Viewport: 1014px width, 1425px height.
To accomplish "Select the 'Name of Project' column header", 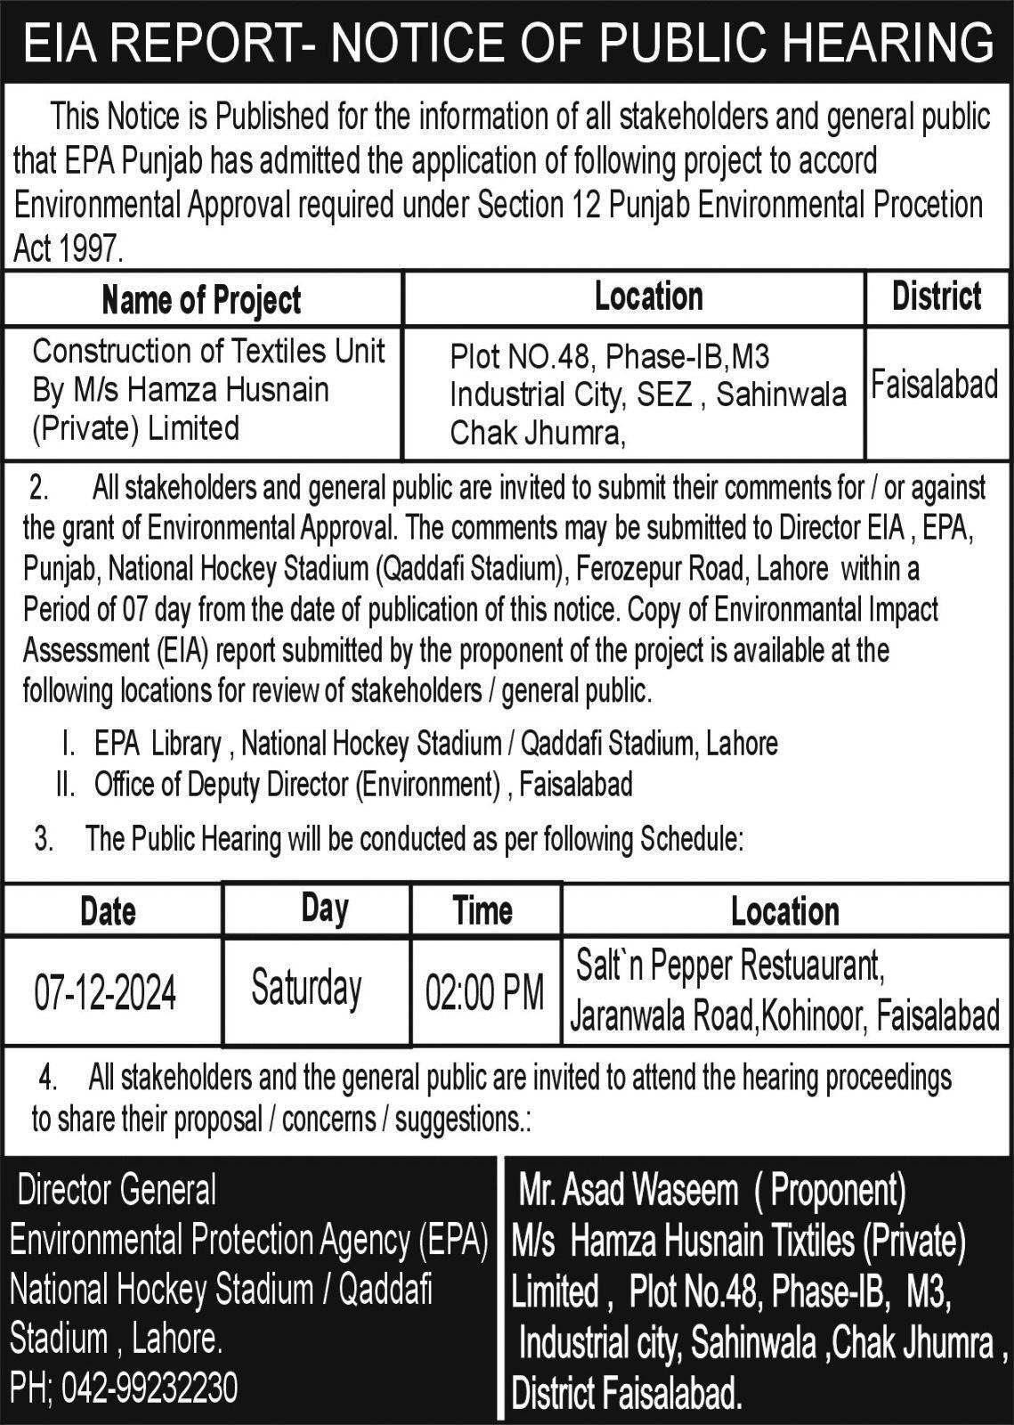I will tap(202, 300).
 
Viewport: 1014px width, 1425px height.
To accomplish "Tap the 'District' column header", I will tap(937, 297).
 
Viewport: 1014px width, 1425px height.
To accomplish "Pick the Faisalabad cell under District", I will tap(934, 385).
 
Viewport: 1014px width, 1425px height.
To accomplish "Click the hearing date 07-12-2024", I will tap(105, 992).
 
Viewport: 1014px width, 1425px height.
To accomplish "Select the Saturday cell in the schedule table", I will tap(306, 989).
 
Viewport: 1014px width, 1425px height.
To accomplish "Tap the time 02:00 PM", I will tap(484, 992).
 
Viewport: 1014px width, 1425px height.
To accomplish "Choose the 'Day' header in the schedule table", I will tap(324, 908).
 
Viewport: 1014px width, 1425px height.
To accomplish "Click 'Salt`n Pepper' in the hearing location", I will tap(654, 965).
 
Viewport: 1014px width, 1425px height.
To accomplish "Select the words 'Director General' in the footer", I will tap(118, 1189).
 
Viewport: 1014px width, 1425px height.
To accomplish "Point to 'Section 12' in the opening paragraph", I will tap(521, 205).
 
